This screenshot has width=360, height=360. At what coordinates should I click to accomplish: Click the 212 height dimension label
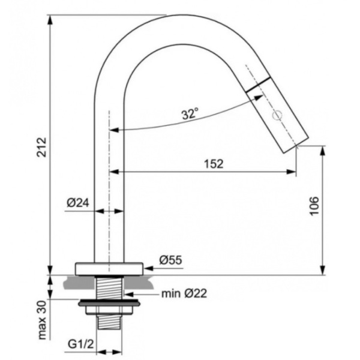tap(42, 147)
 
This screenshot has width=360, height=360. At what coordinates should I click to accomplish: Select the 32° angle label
tap(190, 113)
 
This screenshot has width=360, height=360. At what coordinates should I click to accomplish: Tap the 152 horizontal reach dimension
tap(213, 164)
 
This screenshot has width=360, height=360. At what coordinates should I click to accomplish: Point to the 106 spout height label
tap(314, 206)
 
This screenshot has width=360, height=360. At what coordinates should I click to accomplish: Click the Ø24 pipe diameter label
tap(77, 203)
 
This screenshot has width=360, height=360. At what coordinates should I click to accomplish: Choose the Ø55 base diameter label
tap(171, 260)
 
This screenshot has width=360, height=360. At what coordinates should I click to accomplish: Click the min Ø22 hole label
tap(184, 293)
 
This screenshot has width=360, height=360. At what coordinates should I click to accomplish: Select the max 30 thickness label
tap(42, 320)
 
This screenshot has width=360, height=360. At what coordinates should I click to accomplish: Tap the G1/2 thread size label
tap(81, 344)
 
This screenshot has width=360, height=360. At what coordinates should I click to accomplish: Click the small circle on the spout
tap(277, 115)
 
